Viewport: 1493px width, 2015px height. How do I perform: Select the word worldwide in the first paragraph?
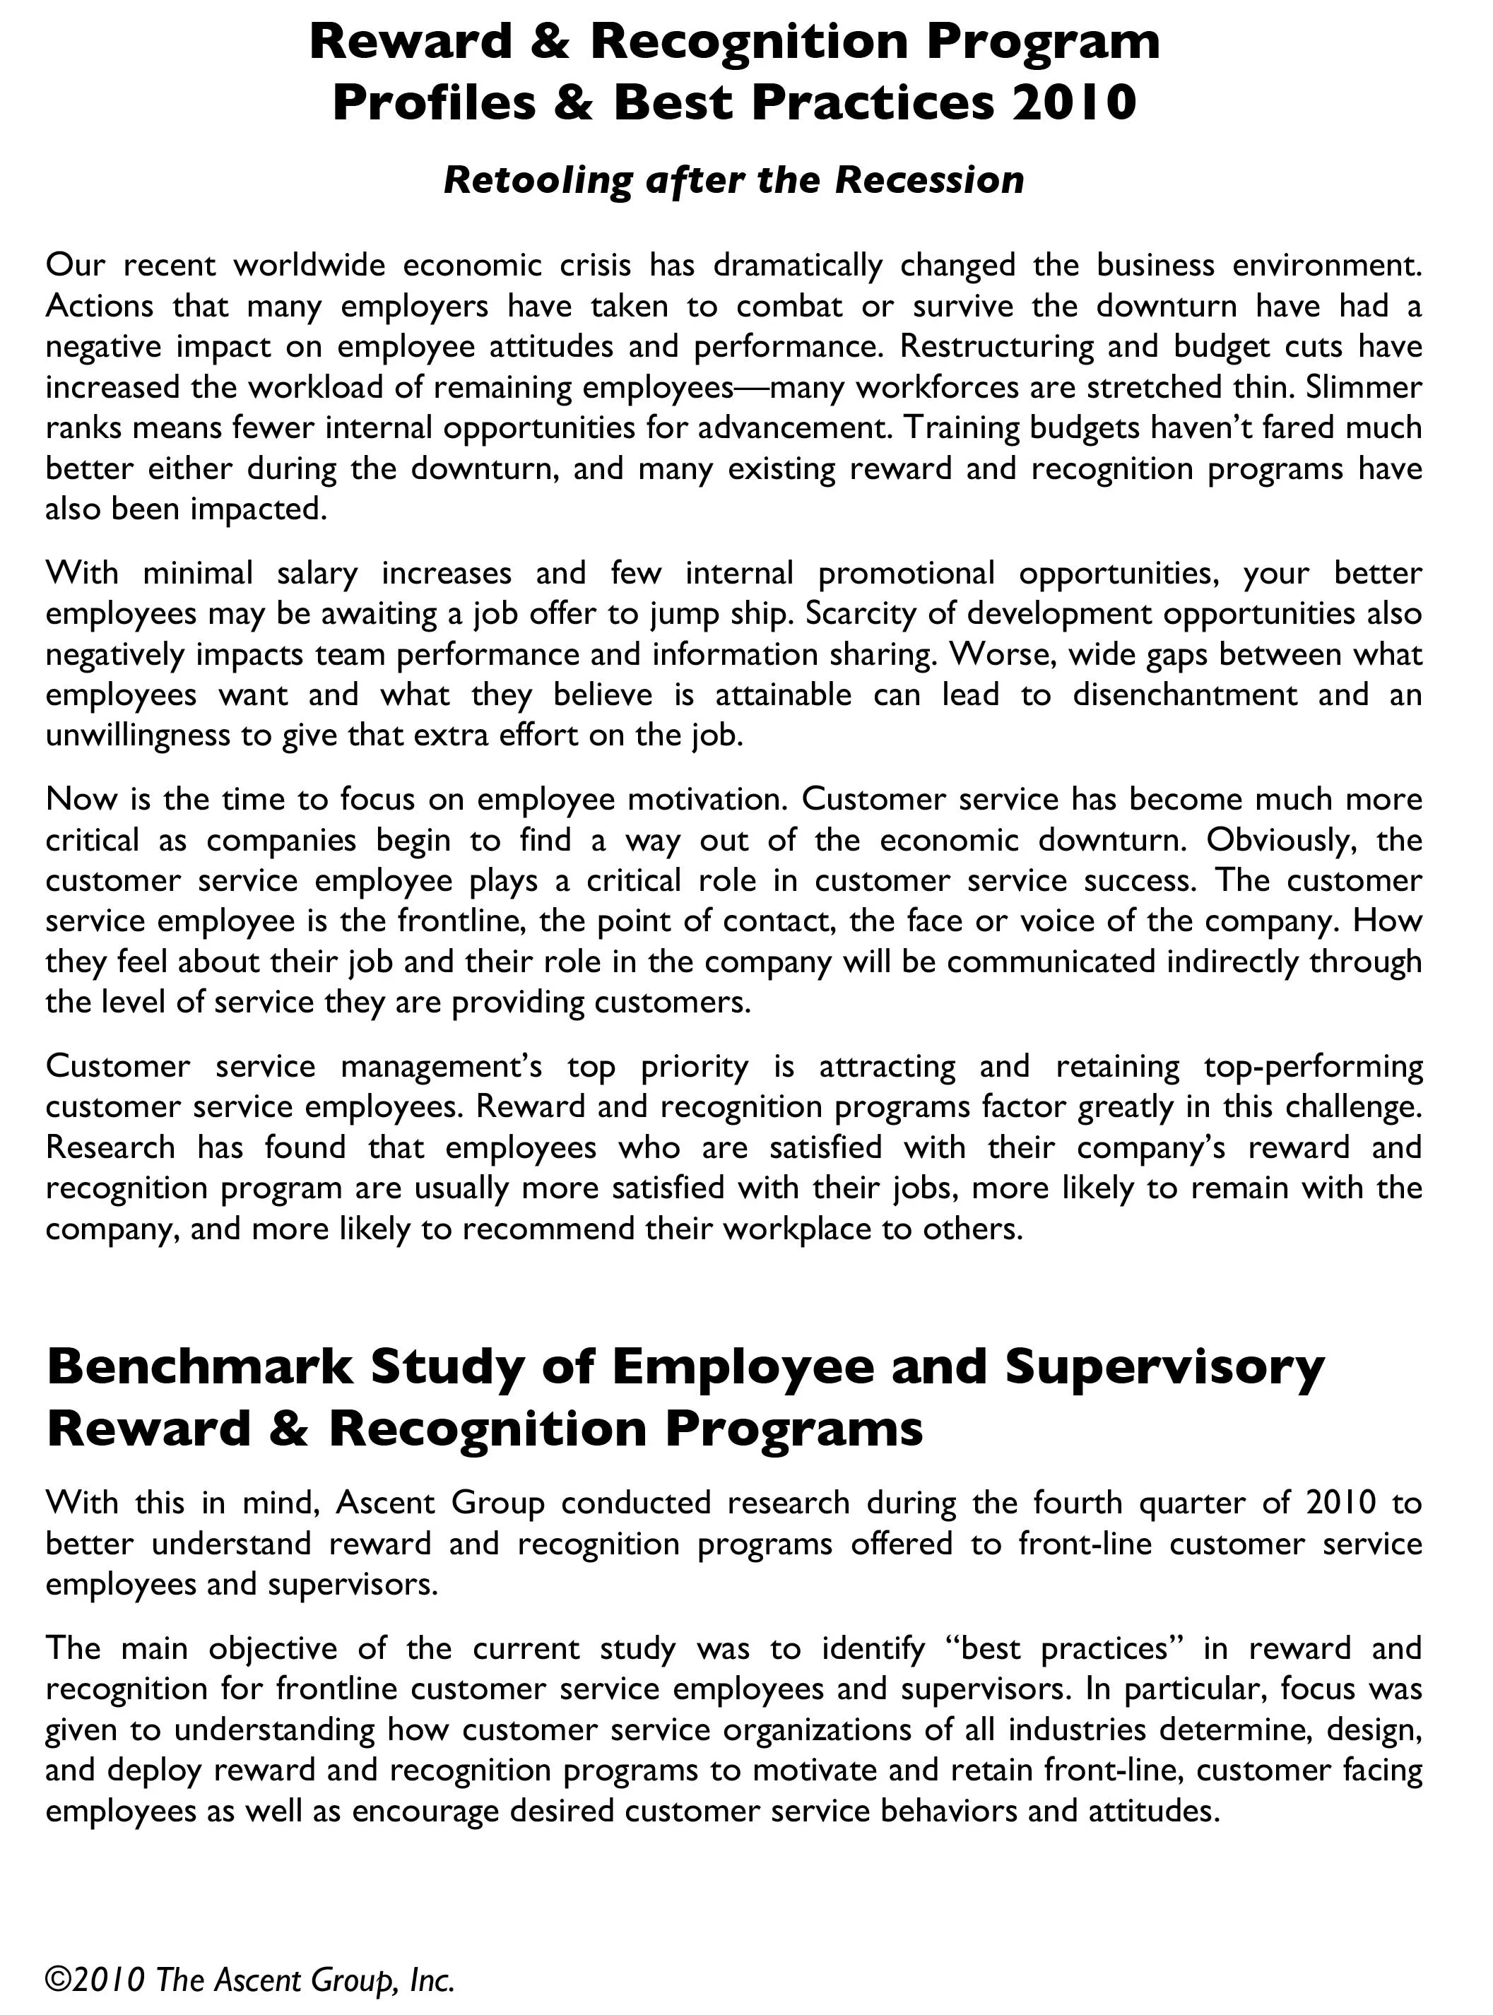[x=309, y=266]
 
